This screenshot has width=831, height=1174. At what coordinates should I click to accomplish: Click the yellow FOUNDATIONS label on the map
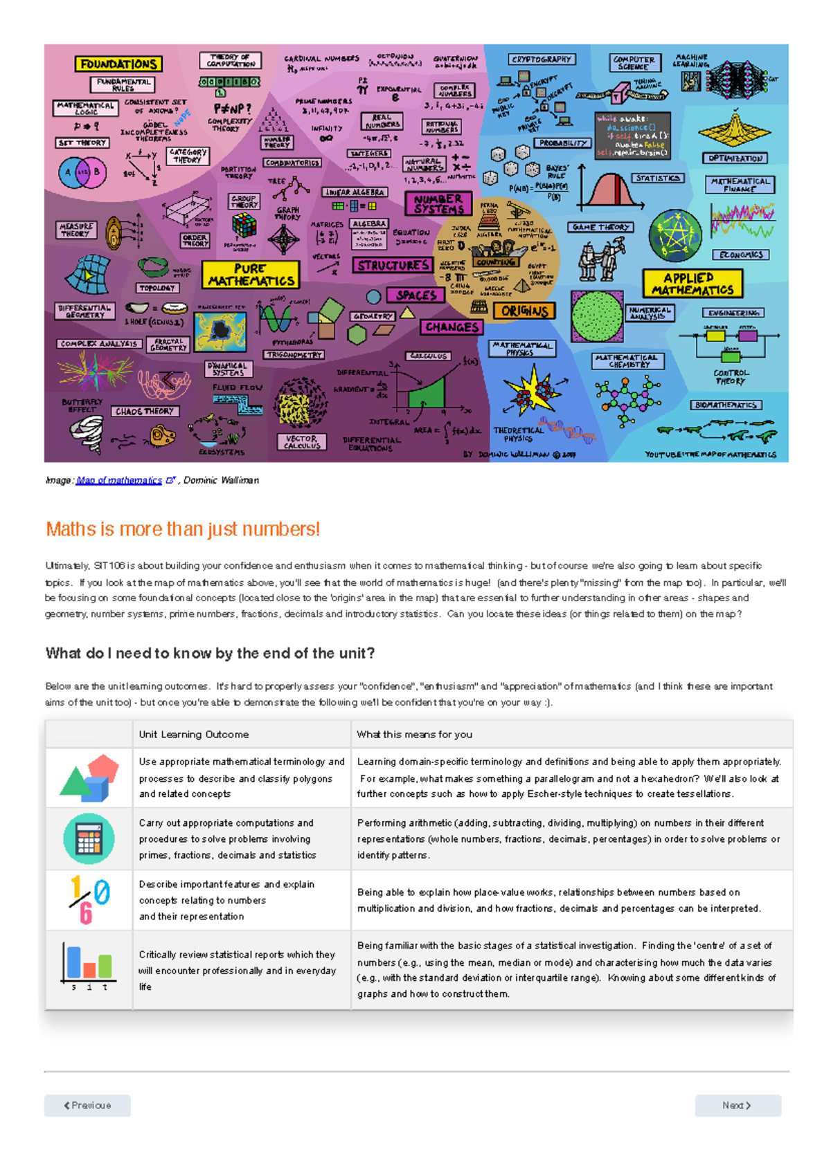coord(118,64)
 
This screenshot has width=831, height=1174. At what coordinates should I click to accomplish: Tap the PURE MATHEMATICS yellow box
coord(251,275)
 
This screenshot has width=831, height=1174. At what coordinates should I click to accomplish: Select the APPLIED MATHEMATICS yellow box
coord(692,284)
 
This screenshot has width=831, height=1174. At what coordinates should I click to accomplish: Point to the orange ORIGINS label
coord(524,311)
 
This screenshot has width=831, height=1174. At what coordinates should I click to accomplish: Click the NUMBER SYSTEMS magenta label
coord(438,203)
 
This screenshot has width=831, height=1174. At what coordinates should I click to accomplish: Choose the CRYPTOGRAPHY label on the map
coord(542,59)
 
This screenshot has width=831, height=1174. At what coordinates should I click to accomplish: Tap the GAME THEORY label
coord(600,227)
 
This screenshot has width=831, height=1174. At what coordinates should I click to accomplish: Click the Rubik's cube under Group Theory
coord(244,226)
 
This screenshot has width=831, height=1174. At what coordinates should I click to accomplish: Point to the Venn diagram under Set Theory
coord(82,173)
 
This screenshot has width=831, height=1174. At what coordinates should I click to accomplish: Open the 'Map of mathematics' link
coord(119,480)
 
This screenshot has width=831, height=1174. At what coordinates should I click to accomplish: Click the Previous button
coord(87,1105)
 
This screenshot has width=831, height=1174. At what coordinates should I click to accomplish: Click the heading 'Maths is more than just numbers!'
coord(183,529)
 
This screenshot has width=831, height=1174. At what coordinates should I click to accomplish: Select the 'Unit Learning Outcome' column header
coord(194,735)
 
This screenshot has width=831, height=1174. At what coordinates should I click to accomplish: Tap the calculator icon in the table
coord(89,838)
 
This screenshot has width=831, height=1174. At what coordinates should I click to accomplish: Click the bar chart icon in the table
coord(88,965)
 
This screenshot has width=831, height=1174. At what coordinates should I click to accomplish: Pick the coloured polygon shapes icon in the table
coord(89,778)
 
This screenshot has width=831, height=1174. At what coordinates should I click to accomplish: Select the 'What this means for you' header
coord(414,735)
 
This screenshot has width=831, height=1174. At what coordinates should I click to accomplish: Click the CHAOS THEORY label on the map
coord(145,411)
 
